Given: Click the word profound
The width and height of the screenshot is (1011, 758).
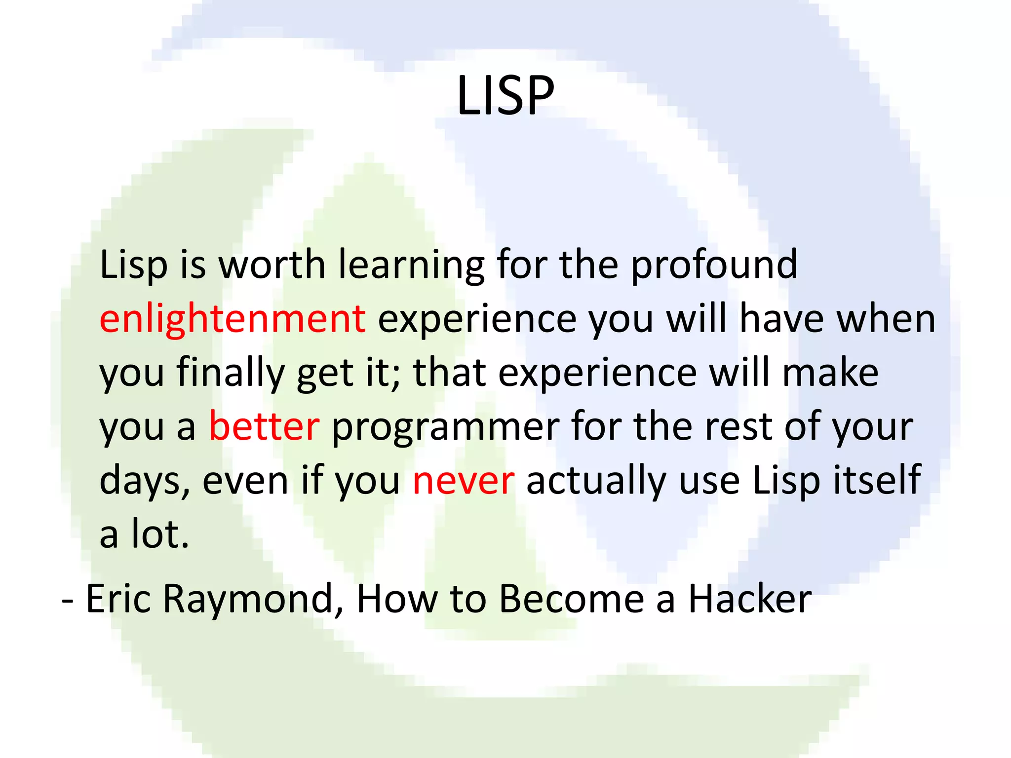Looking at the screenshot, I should (x=714, y=265).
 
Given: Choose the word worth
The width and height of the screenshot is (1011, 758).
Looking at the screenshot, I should (x=272, y=265).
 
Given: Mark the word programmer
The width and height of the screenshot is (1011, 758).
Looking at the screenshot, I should (x=445, y=427).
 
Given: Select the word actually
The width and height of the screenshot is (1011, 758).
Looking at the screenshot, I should (x=596, y=481).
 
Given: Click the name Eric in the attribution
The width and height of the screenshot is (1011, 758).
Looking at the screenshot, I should (x=118, y=599).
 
